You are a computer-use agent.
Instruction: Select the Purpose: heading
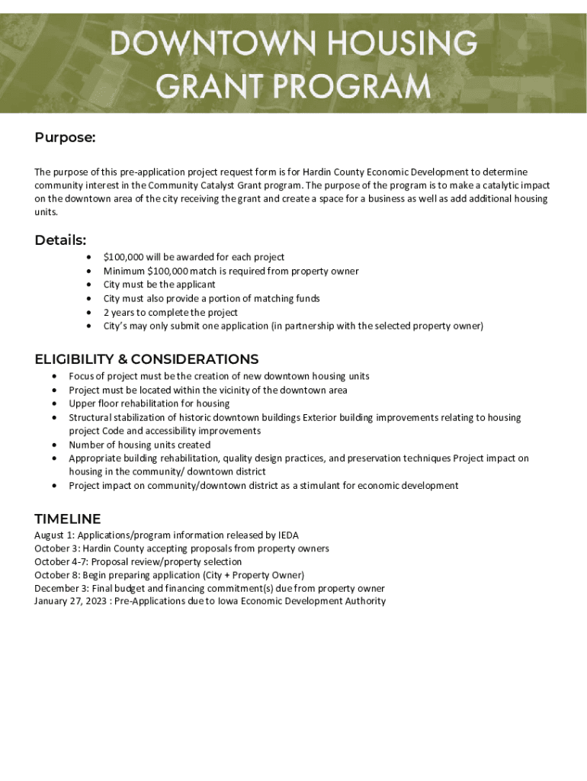pyautogui.click(x=65, y=137)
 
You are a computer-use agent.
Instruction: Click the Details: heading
pyautogui.click(x=60, y=240)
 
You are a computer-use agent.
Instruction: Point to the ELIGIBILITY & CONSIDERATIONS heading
pyautogui.click(x=146, y=359)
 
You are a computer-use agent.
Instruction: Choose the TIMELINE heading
pyautogui.click(x=67, y=519)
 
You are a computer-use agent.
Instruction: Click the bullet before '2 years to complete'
pyautogui.click(x=90, y=313)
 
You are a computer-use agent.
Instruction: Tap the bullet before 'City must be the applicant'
pyautogui.click(x=90, y=285)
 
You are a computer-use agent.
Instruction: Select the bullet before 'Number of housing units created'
pyautogui.click(x=54, y=445)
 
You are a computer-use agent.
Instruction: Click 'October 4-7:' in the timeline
pyautogui.click(x=62, y=562)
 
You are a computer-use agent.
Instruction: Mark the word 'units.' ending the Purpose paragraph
pyautogui.click(x=47, y=213)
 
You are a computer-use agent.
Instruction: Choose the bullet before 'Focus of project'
pyautogui.click(x=54, y=377)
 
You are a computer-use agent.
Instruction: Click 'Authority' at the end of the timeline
pyautogui.click(x=366, y=601)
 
